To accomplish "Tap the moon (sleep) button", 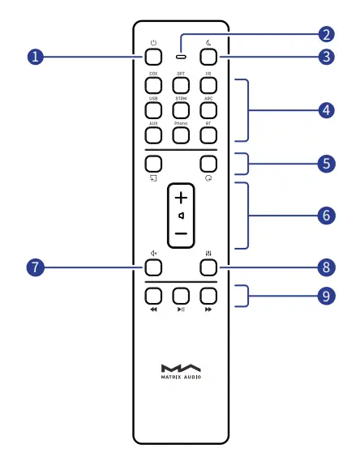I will (208, 58).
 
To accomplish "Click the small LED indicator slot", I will (180, 57).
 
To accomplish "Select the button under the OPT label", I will (180, 85).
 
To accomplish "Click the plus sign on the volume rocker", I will (180, 198).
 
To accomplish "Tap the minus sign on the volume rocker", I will (180, 233).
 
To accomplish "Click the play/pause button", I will (180, 295).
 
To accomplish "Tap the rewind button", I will (153, 295).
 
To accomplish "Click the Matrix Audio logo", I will (180, 369).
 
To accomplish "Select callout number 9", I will (326, 296).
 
